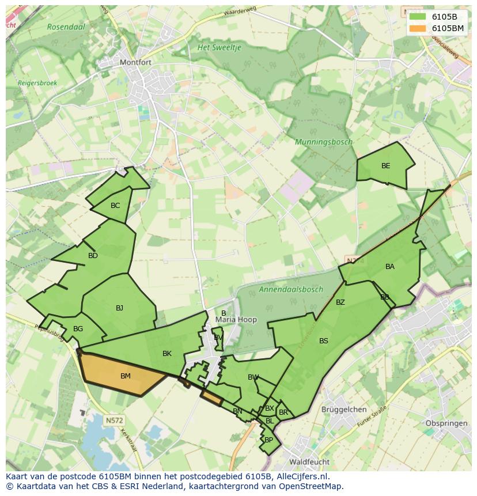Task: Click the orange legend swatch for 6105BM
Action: tap(418, 28)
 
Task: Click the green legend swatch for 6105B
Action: tap(418, 16)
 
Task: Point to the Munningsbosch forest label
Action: tap(323, 142)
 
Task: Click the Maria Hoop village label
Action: tap(236, 320)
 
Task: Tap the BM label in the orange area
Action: tap(125, 376)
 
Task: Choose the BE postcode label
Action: tap(385, 166)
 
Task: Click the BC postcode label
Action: tap(115, 206)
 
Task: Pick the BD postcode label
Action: tap(93, 256)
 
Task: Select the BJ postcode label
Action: tap(119, 308)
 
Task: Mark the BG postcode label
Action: tap(78, 329)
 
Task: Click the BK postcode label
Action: tap(166, 354)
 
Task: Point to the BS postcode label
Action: tap(323, 341)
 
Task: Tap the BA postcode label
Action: tap(390, 267)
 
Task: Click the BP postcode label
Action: tap(268, 440)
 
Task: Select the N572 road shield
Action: tap(114, 421)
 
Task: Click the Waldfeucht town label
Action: tap(309, 462)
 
